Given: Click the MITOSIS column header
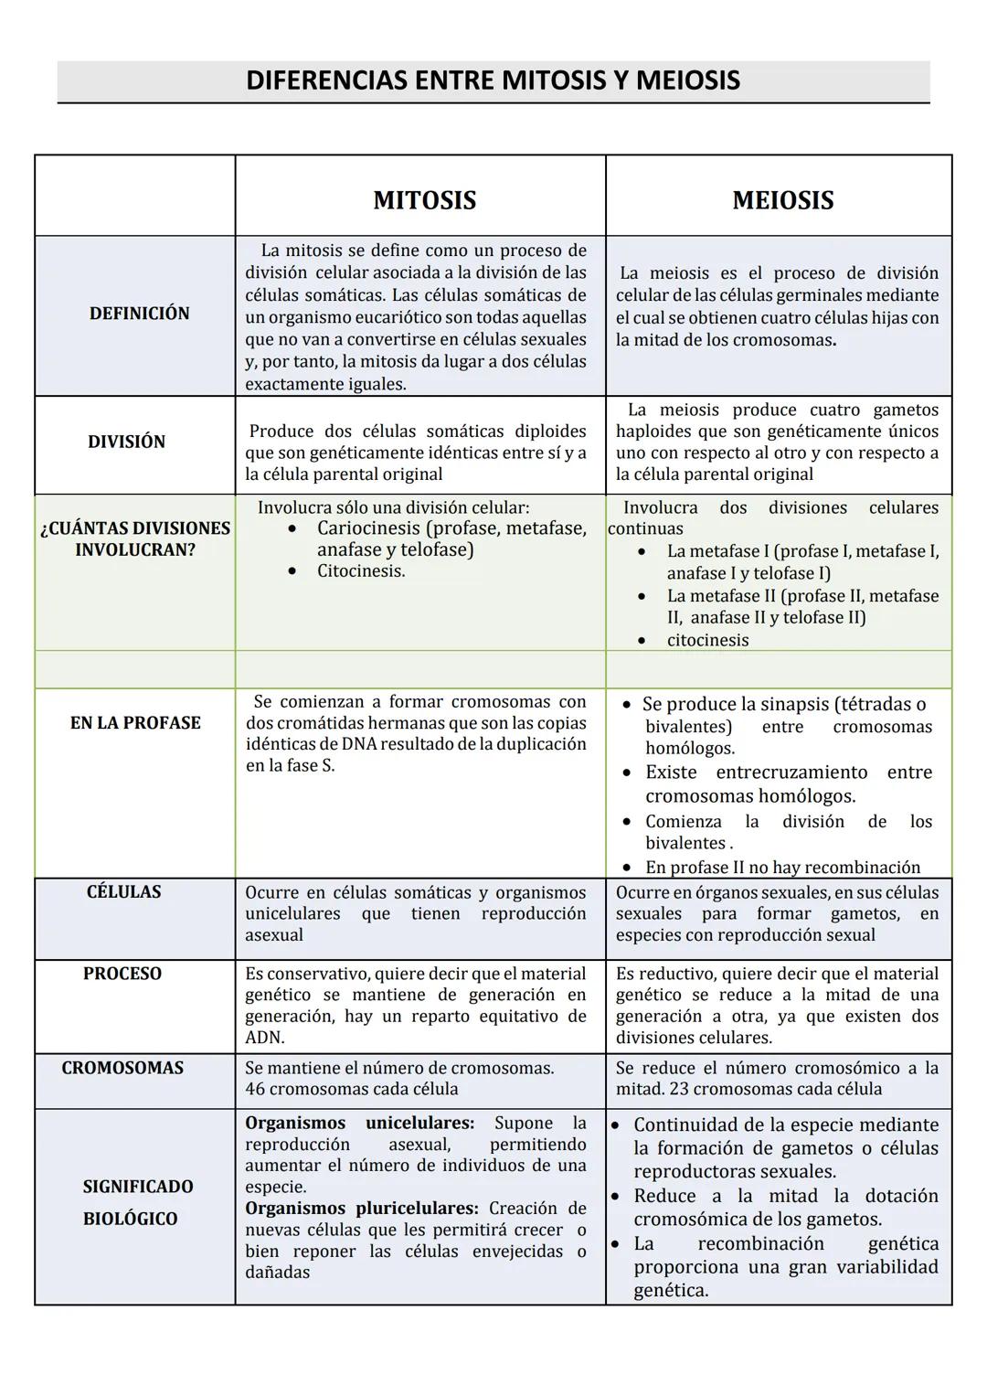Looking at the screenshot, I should click(424, 200).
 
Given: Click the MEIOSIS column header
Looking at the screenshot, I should click(782, 200).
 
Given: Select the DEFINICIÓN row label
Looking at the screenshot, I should click(139, 314).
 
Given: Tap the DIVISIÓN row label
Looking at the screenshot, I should click(126, 442).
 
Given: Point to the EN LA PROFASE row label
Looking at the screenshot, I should click(135, 723).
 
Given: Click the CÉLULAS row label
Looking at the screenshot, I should click(123, 892).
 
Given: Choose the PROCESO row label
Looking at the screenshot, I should click(122, 974).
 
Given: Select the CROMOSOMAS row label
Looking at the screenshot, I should click(122, 1068).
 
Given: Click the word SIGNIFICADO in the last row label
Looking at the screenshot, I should click(138, 1187).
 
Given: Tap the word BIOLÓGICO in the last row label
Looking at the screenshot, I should click(130, 1219).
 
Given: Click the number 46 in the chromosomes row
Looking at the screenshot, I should click(255, 1090).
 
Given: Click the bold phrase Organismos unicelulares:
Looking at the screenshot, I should click(359, 1123).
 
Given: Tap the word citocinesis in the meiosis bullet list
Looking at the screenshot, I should click(707, 641).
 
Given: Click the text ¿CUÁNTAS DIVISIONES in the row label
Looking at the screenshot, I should click(135, 528).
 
